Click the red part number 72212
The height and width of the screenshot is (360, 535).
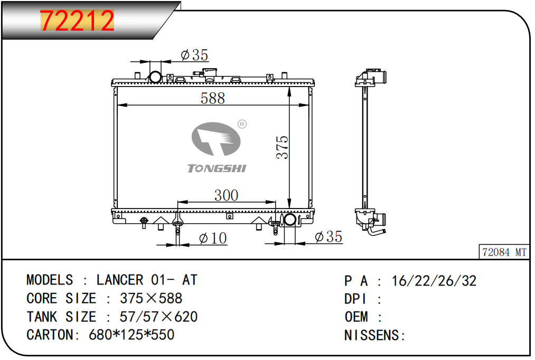(77, 21)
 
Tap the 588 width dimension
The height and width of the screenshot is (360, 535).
(212, 98)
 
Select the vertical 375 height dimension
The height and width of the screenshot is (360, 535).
(282, 147)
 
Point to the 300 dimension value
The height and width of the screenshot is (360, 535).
(226, 195)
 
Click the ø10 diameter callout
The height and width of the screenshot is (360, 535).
(213, 238)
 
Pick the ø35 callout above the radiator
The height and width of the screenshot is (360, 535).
(194, 55)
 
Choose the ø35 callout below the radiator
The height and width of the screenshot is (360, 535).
(328, 236)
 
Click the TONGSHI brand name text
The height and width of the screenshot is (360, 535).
(217, 168)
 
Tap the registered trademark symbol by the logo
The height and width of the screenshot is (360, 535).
(242, 124)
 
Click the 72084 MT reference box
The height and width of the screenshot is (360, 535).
(504, 252)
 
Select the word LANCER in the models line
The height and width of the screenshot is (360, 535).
(120, 280)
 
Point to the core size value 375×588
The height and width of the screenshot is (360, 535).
(151, 298)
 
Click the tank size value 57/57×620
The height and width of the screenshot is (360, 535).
(158, 317)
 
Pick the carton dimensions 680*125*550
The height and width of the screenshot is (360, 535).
(132, 335)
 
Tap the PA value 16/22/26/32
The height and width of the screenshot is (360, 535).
(434, 281)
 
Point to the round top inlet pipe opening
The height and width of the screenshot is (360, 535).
(156, 77)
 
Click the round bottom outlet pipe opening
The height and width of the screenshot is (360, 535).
(290, 220)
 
